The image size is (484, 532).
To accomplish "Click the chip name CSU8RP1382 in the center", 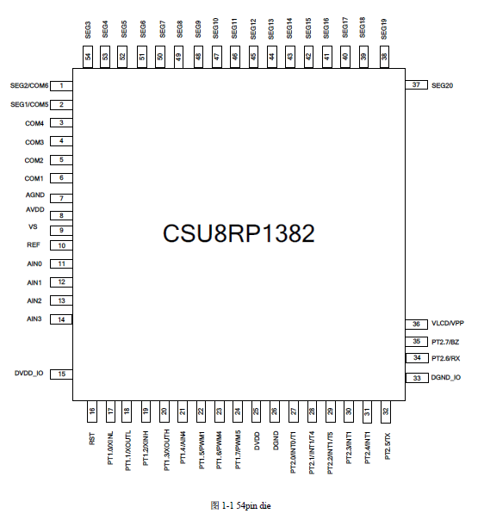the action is coord(239,233).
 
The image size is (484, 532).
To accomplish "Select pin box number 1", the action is coord(61,86).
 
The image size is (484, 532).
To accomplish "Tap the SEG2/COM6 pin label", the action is coord(29,85).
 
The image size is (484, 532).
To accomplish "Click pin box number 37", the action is coord(416,85).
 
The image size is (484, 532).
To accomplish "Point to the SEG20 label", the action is coord(442,85).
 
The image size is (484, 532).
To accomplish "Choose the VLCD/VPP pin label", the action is coord(447,324).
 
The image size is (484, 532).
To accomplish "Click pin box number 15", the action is coord(61,374).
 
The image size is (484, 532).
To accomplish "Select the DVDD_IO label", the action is coord(28,374).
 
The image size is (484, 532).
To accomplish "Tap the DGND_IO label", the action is coord(445,377).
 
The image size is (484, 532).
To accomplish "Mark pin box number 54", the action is coord(88,57).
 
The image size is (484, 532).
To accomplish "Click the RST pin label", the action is coord(92,439).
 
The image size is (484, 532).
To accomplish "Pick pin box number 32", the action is coord(386,411).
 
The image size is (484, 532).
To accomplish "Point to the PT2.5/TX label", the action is coord(388,446).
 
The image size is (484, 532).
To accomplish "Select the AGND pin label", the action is coord(35,195).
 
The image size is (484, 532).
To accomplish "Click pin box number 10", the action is coord(61,245).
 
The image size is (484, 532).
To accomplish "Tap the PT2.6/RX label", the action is coord(445,358).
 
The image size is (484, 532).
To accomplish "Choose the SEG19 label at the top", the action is coord(384,29).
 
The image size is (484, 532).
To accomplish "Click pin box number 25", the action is coord(256,411).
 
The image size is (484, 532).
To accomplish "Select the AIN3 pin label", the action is coord(34,319).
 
